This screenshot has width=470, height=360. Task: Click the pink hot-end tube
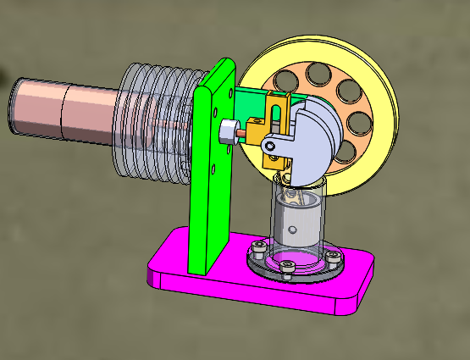(x=68, y=108)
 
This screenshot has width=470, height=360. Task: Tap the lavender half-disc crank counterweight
(x=318, y=136)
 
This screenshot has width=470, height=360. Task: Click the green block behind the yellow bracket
(x=251, y=103)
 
